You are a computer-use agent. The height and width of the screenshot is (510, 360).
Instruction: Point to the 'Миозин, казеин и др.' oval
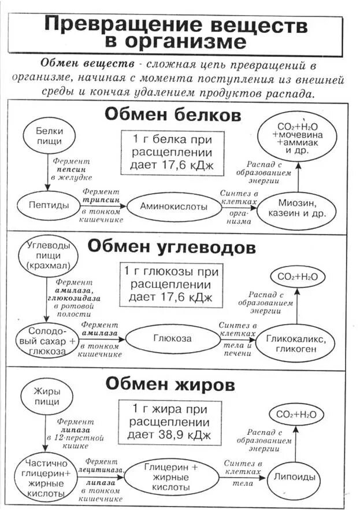pos(297,208)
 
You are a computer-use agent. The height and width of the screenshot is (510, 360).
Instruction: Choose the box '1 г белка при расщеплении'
pos(164,152)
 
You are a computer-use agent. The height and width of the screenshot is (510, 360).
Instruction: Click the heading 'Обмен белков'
pos(172,114)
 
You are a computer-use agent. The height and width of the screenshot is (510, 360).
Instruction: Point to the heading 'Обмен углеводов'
pos(171,247)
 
